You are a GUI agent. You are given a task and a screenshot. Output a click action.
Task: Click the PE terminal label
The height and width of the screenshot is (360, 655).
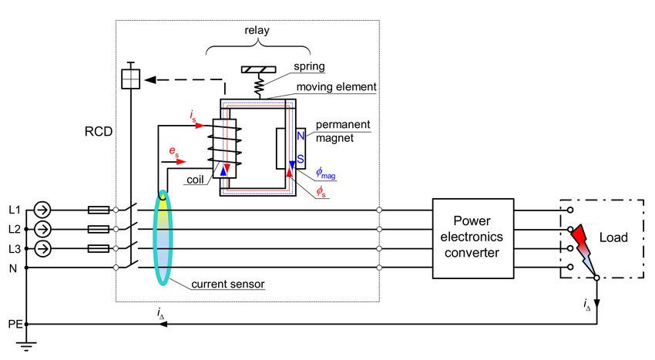click(13, 325)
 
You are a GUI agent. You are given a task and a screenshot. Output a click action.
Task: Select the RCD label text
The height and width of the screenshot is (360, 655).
click(98, 132)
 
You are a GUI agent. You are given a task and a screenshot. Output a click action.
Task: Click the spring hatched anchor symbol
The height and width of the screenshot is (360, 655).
click(260, 69)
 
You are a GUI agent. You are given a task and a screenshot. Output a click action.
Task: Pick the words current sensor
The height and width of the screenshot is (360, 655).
click(228, 284)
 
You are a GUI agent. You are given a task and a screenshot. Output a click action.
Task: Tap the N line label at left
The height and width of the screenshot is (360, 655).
click(12, 267)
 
